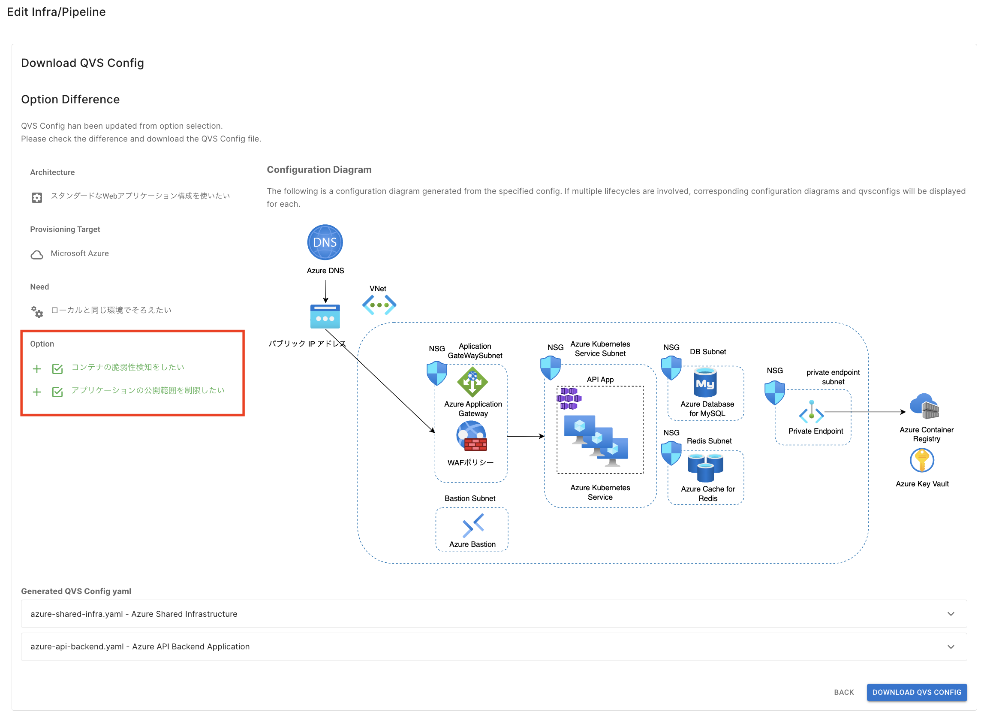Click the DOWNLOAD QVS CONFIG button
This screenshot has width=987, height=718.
916,692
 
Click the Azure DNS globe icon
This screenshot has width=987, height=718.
325,242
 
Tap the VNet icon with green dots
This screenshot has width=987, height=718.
379,305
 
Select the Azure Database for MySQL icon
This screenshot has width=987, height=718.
705,383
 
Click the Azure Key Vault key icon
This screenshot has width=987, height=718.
922,460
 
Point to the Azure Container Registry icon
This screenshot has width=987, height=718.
924,406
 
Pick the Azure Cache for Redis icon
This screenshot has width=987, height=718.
705,467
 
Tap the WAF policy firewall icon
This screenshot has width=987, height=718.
472,437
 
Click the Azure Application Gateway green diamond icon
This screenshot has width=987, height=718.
472,382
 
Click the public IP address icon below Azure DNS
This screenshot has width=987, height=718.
325,317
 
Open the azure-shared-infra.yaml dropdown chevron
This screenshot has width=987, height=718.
951,613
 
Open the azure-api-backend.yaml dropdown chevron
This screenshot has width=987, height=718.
951,647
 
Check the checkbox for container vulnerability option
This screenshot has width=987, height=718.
57,369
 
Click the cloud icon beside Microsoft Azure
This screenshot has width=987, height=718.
37,255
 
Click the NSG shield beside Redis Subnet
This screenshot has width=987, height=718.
671,453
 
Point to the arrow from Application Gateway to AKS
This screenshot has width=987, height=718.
526,436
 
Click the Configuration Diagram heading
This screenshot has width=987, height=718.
319,169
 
